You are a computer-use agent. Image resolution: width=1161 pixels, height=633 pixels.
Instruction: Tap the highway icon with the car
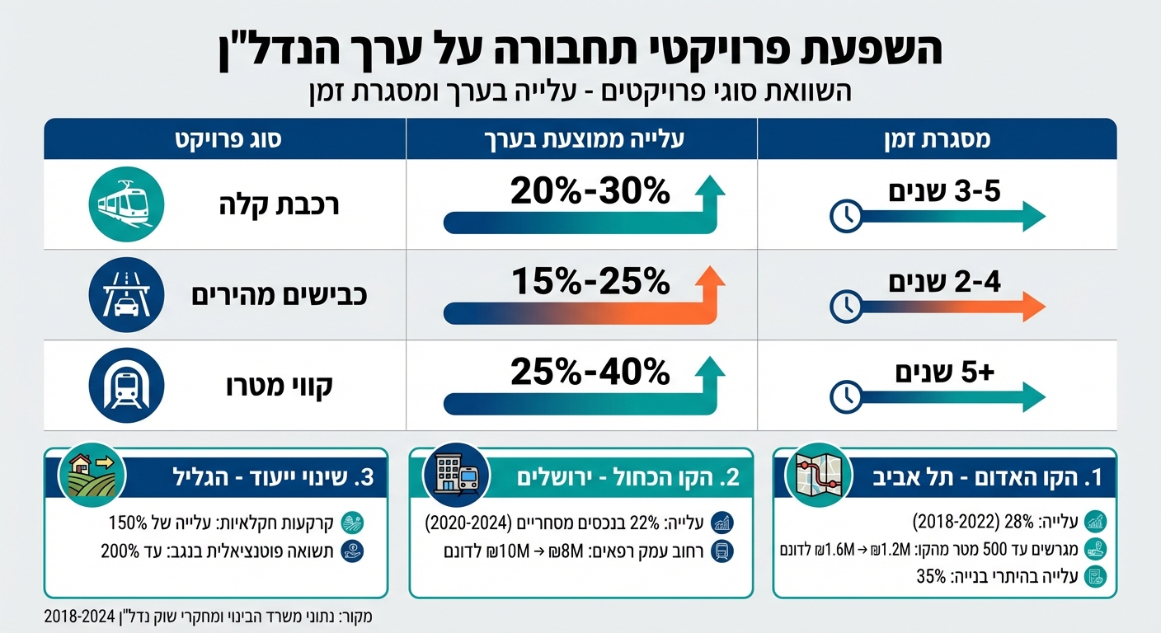coord(126,295)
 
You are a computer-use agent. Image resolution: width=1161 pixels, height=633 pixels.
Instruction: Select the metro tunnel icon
coord(126,386)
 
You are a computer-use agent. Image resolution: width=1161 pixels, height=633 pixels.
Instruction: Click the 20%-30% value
coord(590,192)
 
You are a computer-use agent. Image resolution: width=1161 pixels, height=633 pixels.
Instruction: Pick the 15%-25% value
coord(590,283)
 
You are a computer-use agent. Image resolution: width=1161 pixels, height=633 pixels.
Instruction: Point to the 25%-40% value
coord(590,373)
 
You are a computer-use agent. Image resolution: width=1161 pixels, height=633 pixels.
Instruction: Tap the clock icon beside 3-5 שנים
coord(845,216)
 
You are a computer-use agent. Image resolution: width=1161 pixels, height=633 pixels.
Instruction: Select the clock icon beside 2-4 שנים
coord(845,307)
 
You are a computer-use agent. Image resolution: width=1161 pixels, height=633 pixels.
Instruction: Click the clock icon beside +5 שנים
coord(845,396)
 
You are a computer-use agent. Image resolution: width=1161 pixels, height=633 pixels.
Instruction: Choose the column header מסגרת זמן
coord(936,138)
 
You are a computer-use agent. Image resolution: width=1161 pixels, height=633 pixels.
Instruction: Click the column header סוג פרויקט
coord(226,138)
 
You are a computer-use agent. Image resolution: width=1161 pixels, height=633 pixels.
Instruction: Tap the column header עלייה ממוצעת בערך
coord(581,138)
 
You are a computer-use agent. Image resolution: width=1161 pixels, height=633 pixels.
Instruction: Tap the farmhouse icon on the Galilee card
coord(92,475)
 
